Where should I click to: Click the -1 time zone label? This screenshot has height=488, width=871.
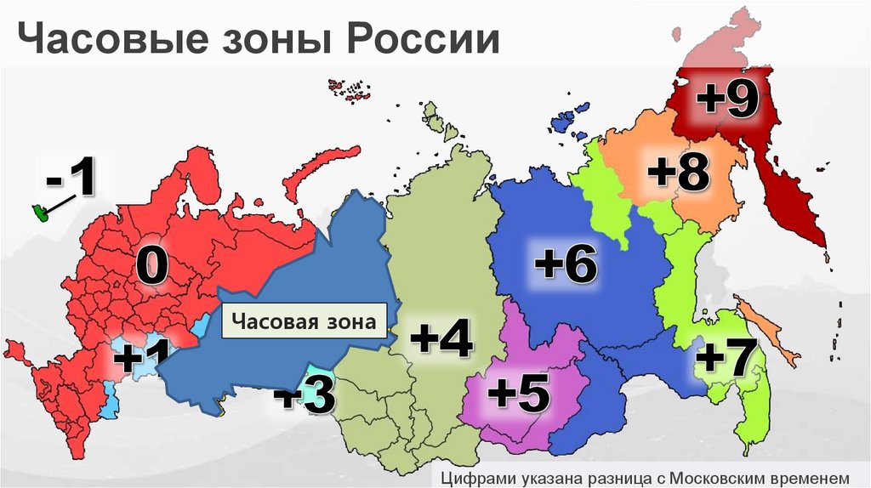pyautogui.click(x=72, y=180)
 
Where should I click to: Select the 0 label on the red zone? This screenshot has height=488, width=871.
pyautogui.click(x=151, y=267)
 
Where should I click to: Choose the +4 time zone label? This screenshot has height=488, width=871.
pyautogui.click(x=441, y=339)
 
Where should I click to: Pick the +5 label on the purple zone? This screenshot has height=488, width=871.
pyautogui.click(x=518, y=393)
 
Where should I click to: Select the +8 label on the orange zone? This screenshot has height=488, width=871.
pyautogui.click(x=677, y=173)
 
